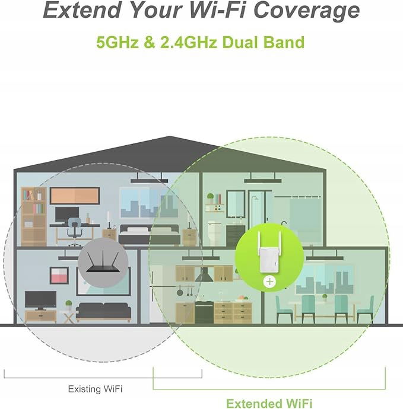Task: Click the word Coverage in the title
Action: click(306, 11)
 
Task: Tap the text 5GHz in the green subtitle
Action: click(118, 42)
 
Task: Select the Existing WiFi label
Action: click(95, 389)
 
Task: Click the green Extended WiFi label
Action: click(269, 403)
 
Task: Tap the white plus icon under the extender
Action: click(269, 282)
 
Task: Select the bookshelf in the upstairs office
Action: click(34, 216)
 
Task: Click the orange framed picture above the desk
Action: click(75, 196)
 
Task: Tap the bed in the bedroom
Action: click(150, 235)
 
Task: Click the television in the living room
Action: click(40, 301)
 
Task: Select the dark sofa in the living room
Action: click(103, 312)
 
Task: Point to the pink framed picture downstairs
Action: click(59, 276)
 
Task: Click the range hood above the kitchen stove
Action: click(204, 274)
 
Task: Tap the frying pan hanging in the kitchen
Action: click(180, 290)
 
